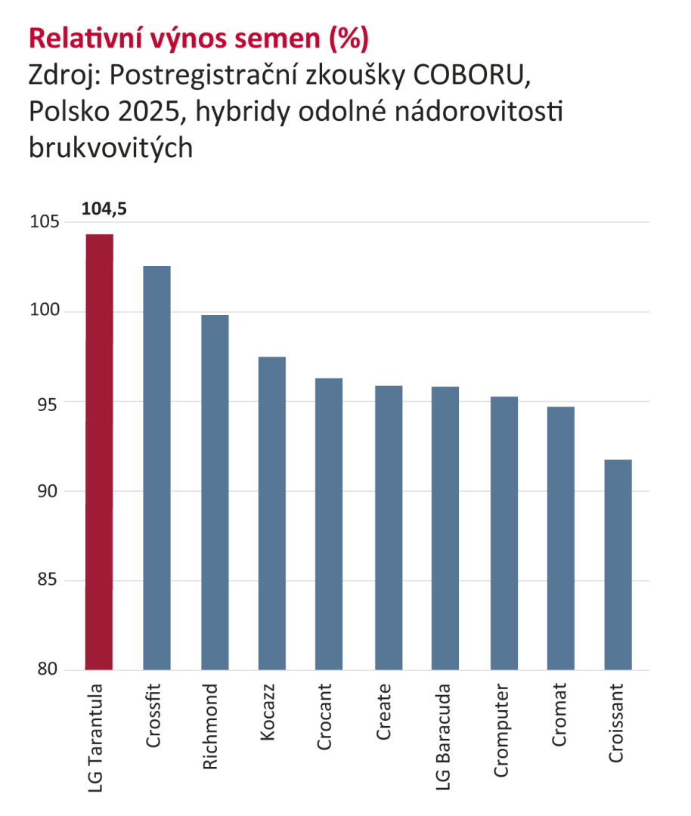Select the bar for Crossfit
pos(156,468)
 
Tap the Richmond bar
pos(215,492)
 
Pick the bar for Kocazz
pos(272,513)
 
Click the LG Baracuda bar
pos(445,528)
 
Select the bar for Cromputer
pos(504,533)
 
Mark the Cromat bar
pos(561,538)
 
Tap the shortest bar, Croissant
pos(618,564)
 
